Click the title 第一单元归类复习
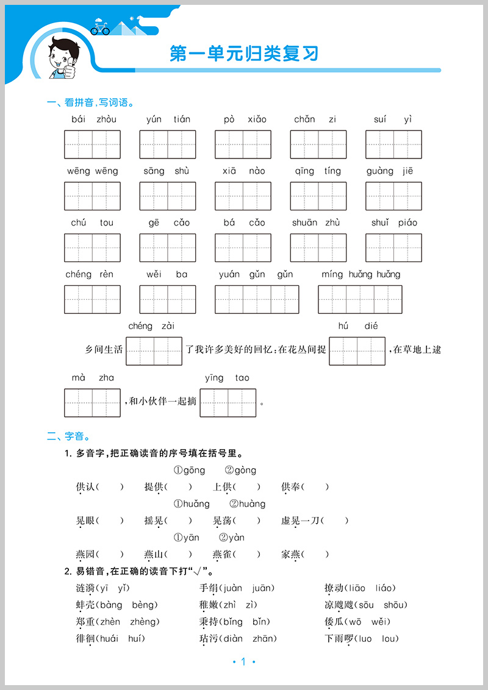click(x=244, y=54)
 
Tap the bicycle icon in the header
click(x=100, y=28)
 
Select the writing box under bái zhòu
click(x=93, y=144)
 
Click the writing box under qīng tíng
click(x=318, y=196)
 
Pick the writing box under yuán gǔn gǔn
click(x=257, y=299)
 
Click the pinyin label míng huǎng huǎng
click(x=361, y=274)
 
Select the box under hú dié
click(x=357, y=351)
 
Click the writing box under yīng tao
click(x=228, y=403)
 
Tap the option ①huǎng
click(x=192, y=503)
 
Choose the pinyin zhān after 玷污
click(x=262, y=638)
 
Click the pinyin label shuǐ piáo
click(x=394, y=222)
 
